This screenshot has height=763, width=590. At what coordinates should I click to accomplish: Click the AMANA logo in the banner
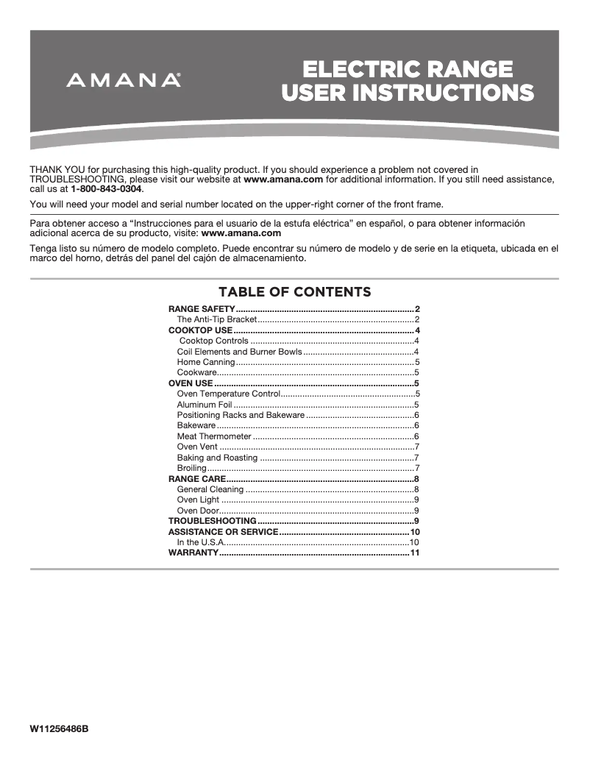124,80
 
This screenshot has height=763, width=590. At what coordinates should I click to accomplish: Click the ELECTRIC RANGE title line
408,69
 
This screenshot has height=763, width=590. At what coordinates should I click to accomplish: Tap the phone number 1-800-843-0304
106,189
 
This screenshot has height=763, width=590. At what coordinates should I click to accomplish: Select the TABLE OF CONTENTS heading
294,292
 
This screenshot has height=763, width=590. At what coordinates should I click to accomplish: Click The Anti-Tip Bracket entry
216,320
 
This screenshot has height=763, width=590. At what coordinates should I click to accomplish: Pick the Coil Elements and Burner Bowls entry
239,352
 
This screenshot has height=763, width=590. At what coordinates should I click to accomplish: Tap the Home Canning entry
206,362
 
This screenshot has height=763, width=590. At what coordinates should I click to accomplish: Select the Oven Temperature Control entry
229,394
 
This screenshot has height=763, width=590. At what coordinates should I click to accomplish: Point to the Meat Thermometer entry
214,436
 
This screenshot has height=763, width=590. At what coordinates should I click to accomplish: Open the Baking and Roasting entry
217,458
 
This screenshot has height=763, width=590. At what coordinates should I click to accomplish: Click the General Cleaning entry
210,489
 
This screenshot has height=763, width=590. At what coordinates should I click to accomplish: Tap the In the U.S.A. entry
200,542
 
